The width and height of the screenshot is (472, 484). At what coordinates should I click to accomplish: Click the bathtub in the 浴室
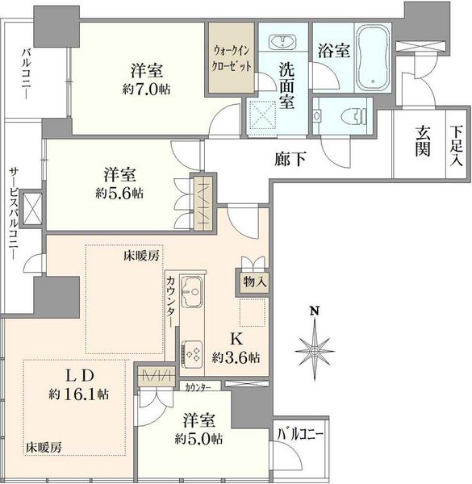pos(373,57)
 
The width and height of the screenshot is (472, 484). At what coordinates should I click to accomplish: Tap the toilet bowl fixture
pos(354,116)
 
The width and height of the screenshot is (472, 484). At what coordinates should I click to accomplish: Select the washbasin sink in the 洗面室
pos(282,42)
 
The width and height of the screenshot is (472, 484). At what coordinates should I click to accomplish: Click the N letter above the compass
pos(315,311)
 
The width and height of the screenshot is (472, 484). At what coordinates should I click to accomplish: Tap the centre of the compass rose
pos(315,351)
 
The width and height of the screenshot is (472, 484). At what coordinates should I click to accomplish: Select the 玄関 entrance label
pos(422,141)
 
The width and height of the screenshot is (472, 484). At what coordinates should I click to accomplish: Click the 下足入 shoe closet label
pos(456,146)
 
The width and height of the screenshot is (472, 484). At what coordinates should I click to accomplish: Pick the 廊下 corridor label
pos(290,159)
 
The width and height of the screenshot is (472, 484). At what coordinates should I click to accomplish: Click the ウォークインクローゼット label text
pos(232,59)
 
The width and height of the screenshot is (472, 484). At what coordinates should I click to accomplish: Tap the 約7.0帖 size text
pos(146,90)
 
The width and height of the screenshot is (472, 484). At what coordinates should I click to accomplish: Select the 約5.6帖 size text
pos(119,194)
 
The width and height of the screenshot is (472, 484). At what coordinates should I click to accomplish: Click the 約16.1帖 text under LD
pos(78,394)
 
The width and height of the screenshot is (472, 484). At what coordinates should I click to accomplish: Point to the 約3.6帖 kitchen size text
pos(236,357)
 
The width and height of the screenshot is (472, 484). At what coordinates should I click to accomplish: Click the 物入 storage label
pos(255,282)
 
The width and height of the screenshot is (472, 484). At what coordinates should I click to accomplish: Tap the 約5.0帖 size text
pos(198,439)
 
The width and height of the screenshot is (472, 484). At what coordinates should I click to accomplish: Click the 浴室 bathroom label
pos(334,50)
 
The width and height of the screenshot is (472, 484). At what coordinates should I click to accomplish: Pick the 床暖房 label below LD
pos(44,447)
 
